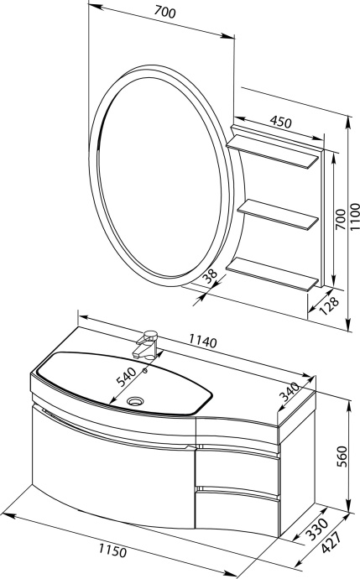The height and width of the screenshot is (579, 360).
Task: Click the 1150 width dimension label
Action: (112, 551)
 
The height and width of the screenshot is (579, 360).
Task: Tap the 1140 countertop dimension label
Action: (203, 342)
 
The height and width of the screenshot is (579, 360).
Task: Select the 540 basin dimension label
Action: (127, 375)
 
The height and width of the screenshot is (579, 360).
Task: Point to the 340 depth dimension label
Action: (289, 392)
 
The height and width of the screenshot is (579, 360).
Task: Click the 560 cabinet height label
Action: (342, 456)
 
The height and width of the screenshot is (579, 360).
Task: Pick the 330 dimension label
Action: (317, 529)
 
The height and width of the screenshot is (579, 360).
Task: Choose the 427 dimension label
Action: (330, 542)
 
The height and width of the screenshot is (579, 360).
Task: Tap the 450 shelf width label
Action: (280, 123)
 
